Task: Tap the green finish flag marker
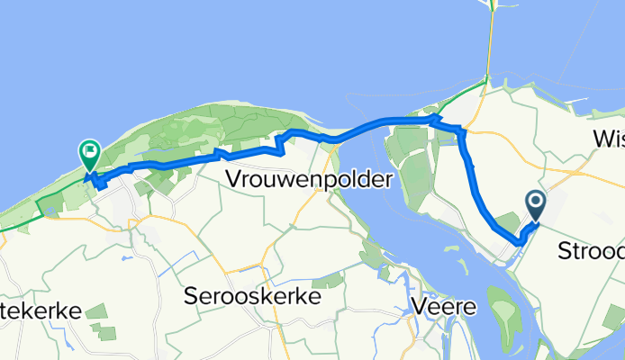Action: point(90,155)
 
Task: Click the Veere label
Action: point(446,307)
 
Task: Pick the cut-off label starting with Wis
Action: point(608,138)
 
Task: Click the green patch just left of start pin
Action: point(508,221)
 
